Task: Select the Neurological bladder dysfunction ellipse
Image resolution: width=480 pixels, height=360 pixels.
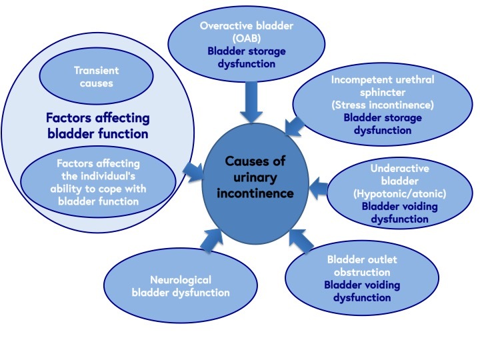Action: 181,286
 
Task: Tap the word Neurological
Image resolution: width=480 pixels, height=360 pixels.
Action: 181,280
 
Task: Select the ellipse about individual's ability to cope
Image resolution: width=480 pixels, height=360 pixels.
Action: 98,181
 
